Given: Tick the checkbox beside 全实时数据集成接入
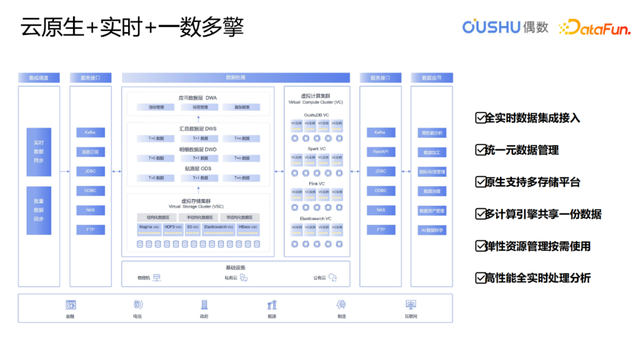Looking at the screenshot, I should point(480,118).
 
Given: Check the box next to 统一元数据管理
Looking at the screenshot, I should point(480,150).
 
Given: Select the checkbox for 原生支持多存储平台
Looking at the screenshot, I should point(480,182).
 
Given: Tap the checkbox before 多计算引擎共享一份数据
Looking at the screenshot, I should point(480,214).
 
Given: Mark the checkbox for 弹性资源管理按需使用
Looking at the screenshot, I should point(480,246).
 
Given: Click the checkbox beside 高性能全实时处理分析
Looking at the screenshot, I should point(480,278).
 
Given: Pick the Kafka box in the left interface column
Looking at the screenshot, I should point(90,132).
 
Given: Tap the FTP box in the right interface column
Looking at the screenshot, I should point(380,230).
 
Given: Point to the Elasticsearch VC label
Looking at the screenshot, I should point(315,218).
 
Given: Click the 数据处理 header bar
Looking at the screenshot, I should point(236,77).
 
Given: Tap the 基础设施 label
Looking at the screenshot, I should point(236,267).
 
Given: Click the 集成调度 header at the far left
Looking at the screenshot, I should point(39,77).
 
